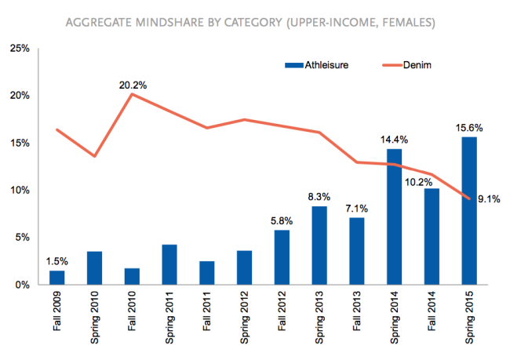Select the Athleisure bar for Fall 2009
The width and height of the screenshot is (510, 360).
point(58,277)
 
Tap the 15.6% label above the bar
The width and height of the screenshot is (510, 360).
point(469,126)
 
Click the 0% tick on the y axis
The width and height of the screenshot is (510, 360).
point(23,284)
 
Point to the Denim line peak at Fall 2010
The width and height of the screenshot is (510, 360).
point(133,94)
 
